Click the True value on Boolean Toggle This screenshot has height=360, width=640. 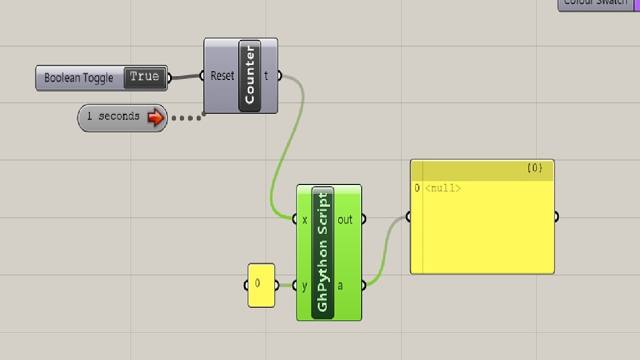[x=144, y=77]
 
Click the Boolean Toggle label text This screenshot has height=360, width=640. [x=79, y=78]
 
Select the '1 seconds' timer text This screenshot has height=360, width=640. [x=113, y=116]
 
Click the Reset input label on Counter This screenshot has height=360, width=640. [x=222, y=76]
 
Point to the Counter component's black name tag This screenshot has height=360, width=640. [x=250, y=76]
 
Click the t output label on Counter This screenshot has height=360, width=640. [x=266, y=76]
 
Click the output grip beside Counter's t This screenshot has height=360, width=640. [x=279, y=76]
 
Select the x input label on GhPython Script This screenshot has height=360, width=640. [x=305, y=219]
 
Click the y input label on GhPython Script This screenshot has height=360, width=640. [x=305, y=286]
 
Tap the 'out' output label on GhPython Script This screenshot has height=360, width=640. [x=345, y=219]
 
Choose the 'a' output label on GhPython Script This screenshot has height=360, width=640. [x=341, y=286]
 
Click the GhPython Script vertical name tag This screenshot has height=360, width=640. [x=322, y=252]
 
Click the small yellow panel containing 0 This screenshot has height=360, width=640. [x=261, y=285]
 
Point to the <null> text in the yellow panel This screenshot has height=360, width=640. [x=443, y=187]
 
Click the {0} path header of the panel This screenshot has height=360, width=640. [x=534, y=168]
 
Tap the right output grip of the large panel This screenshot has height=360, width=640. [x=556, y=217]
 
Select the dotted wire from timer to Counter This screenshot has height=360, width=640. [x=186, y=117]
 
